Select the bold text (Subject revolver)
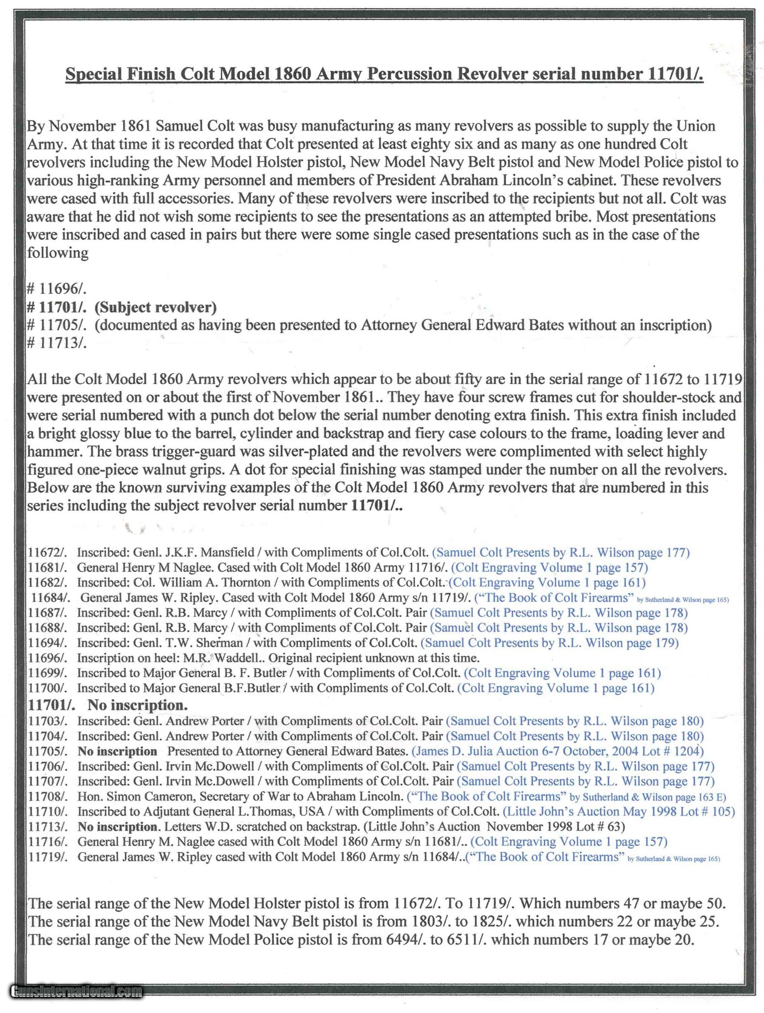[x=155, y=307]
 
